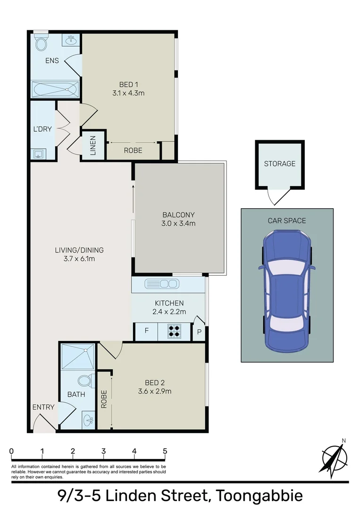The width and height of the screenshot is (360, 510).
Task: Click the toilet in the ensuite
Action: (42, 43)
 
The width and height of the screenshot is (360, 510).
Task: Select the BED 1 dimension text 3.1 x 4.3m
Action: (128, 93)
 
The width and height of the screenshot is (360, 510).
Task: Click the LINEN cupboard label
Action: (93, 145)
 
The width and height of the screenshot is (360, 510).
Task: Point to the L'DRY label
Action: (43, 129)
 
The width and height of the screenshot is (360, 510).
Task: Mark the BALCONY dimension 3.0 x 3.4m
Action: (179, 223)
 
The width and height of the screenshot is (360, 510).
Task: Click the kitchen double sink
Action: (162, 284)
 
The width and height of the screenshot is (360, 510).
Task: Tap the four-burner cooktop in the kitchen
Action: (175, 331)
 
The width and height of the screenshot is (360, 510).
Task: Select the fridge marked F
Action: (146, 331)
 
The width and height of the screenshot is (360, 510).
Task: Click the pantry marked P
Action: (200, 332)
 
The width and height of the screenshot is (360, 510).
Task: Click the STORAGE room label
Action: (279, 164)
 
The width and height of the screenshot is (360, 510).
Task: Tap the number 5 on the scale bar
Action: (165, 451)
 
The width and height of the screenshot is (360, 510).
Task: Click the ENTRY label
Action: (43, 407)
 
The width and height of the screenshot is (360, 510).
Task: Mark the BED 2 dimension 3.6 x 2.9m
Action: (154, 391)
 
